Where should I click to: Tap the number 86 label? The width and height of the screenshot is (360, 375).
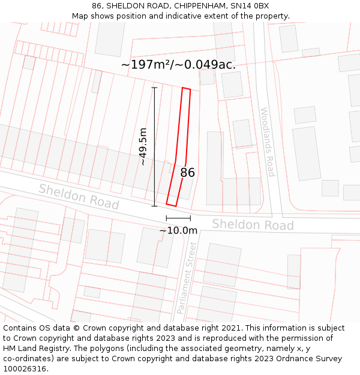(x=188, y=173)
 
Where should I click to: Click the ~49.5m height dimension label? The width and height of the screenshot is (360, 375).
(x=143, y=146)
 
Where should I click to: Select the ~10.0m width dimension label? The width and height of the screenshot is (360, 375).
(x=178, y=230)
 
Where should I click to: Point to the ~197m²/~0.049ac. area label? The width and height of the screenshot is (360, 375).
(x=178, y=65)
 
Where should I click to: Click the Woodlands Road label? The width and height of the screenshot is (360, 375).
(x=267, y=142)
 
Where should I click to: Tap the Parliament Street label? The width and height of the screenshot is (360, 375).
(x=187, y=277)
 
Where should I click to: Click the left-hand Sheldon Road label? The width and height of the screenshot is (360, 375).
(x=79, y=196)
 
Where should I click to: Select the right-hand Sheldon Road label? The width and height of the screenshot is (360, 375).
(x=253, y=224)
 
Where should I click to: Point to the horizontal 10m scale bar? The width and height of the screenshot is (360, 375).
(x=178, y=218)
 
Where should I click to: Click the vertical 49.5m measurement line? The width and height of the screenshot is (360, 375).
(x=154, y=146)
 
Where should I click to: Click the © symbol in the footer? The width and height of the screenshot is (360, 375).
(x=76, y=328)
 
